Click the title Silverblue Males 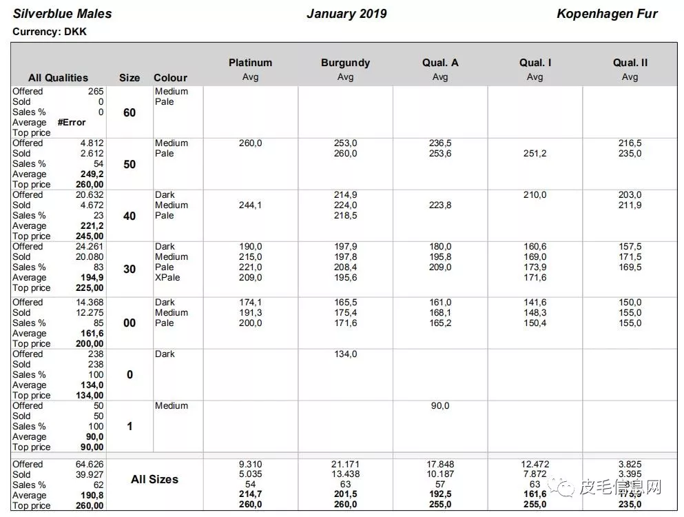coord(62,14)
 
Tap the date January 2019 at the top coord(346,14)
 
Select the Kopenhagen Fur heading coord(607,14)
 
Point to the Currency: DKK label coord(50,32)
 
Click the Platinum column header coord(250,63)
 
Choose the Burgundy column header coord(345,63)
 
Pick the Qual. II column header coord(630,63)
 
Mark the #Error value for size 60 coord(72,122)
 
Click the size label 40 coord(129,216)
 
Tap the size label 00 coord(129,323)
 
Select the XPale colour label coord(167,277)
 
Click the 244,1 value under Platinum coord(250,205)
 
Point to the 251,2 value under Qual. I coord(535,153)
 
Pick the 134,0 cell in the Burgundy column coord(345,354)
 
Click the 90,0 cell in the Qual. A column coord(440,405)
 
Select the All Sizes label coord(154,479)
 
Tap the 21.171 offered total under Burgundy coord(345,464)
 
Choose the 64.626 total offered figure coord(90,464)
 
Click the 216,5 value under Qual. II coord(630,143)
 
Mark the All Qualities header coord(58,78)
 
